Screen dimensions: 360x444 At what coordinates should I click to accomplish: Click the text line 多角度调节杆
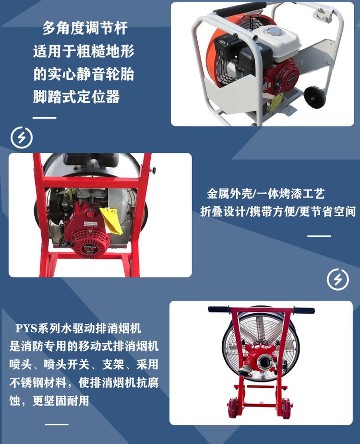point(85,28)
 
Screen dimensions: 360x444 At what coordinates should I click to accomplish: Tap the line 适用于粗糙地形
point(84,51)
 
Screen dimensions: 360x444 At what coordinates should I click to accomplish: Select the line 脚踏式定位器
point(76,97)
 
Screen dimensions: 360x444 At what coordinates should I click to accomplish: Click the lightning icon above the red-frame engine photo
point(22,137)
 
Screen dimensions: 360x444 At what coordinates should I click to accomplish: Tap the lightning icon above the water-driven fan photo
point(337,279)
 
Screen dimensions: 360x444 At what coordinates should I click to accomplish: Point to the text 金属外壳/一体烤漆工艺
point(265,194)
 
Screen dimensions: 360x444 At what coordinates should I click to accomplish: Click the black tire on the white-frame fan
point(315,98)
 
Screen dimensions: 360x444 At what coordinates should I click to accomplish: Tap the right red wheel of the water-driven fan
point(286,408)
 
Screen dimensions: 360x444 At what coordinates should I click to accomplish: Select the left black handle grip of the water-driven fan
point(219,309)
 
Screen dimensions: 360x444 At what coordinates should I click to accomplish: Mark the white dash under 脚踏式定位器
point(44,118)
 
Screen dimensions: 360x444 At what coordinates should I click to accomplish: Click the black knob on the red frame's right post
point(154,171)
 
